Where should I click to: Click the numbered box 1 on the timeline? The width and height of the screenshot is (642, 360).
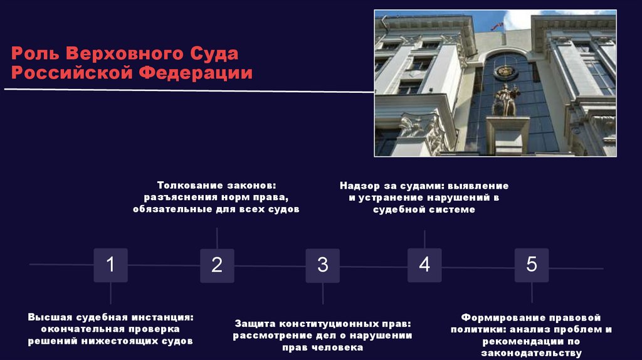pyautogui.click(x=110, y=265)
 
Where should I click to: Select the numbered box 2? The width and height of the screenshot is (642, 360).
pyautogui.click(x=217, y=265)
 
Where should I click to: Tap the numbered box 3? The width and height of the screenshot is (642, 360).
pyautogui.click(x=323, y=265)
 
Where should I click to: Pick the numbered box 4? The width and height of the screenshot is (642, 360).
pyautogui.click(x=424, y=265)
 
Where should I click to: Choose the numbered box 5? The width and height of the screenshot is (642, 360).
pyautogui.click(x=532, y=265)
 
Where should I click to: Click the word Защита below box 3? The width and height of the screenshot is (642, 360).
pyautogui.click(x=255, y=324)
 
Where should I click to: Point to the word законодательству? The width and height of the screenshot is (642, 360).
pyautogui.click(x=532, y=353)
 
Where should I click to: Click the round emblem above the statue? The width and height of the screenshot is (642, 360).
pyautogui.click(x=505, y=71)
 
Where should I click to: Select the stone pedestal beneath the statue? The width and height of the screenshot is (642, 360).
pyautogui.click(x=507, y=135)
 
